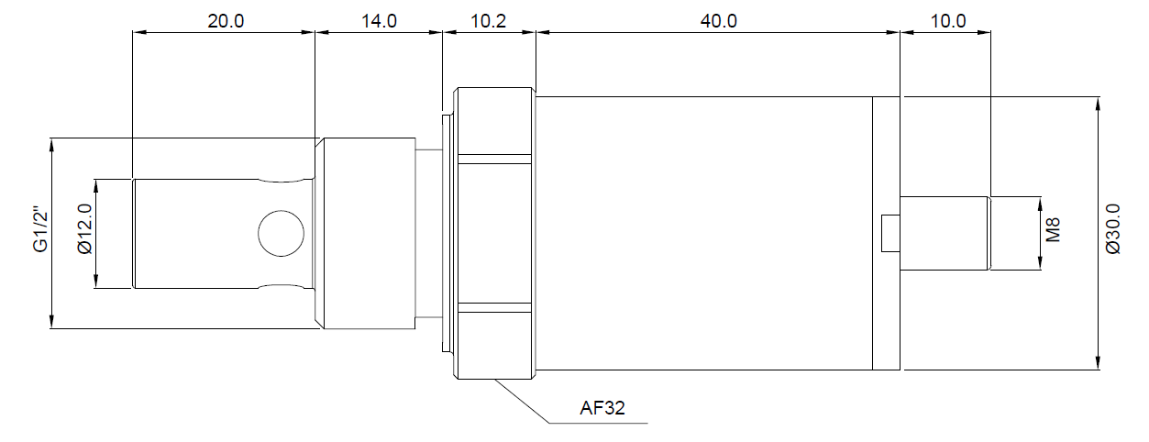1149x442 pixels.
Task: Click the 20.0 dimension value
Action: (x=225, y=21)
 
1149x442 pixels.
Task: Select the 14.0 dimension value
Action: (x=378, y=21)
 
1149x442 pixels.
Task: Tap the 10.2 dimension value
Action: (x=488, y=21)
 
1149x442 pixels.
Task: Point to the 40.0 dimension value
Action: (x=718, y=21)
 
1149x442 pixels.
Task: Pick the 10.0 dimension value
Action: (x=947, y=21)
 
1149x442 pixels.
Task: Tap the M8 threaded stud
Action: (x=945, y=233)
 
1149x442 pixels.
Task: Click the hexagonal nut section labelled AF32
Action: (x=495, y=234)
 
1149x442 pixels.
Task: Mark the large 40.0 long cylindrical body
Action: (x=702, y=233)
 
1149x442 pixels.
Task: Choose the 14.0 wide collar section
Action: (x=367, y=233)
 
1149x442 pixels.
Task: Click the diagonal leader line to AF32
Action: (x=523, y=402)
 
